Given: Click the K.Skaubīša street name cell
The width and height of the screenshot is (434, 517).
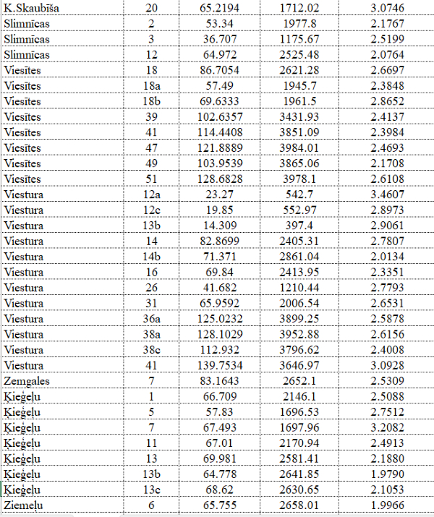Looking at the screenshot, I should pyautogui.click(x=33, y=8).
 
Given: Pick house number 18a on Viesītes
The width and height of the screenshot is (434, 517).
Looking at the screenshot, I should pyautogui.click(x=151, y=86).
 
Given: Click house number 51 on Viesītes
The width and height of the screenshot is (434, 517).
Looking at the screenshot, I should pyautogui.click(x=151, y=179).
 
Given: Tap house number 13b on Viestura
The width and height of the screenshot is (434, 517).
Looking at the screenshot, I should pyautogui.click(x=151, y=226).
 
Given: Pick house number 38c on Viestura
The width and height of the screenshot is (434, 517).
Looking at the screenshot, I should pyautogui.click(x=151, y=350).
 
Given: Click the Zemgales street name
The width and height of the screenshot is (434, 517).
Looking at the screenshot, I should pyautogui.click(x=27, y=381).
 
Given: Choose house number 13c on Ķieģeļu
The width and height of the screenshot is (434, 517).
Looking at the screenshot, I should pyautogui.click(x=151, y=490).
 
